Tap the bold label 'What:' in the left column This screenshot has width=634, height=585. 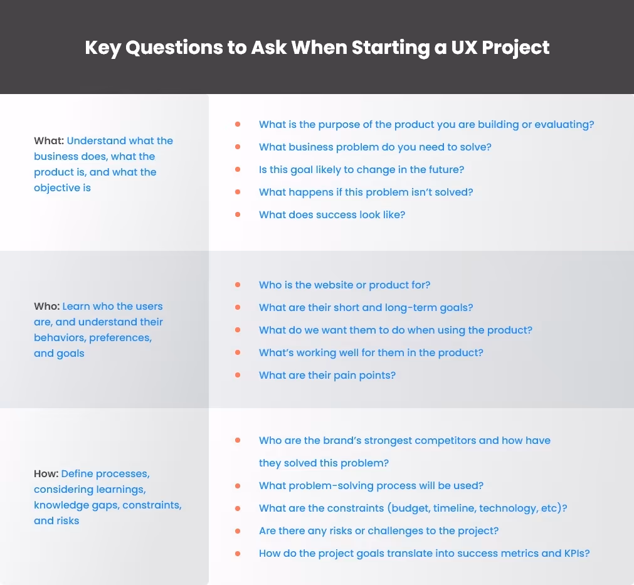coord(49,141)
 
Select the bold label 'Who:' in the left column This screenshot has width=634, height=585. coord(47,307)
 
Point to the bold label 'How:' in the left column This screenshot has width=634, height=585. coord(46,473)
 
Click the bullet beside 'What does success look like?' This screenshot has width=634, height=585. coord(238,214)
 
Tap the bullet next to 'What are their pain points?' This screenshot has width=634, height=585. coord(238,375)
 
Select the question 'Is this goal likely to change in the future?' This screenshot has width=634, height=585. coord(361,169)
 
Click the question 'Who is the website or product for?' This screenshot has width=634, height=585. coord(344,285)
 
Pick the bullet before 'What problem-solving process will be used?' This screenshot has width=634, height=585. coord(238,485)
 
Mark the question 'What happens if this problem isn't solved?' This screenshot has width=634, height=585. coord(366,192)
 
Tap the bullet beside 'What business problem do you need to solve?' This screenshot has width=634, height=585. coord(238,147)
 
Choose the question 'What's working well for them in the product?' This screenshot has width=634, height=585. coord(371,352)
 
